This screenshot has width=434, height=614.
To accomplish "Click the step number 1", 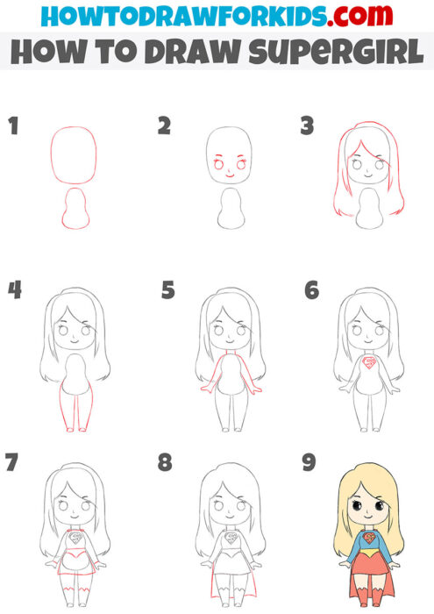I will click(x=12, y=127).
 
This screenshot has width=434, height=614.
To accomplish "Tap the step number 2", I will click(x=164, y=127).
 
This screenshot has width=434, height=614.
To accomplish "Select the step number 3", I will click(x=307, y=127).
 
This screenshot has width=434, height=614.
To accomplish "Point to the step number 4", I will click(x=14, y=290).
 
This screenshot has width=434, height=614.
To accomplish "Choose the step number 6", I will click(x=311, y=290).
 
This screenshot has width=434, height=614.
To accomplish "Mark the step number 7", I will click(x=13, y=462).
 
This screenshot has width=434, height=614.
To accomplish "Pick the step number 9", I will click(x=309, y=462).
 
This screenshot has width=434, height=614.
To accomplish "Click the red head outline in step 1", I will click(x=74, y=153).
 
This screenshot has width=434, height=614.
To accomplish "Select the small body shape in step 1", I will click(x=75, y=211).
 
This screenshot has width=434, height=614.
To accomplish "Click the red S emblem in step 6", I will click(x=371, y=361).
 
